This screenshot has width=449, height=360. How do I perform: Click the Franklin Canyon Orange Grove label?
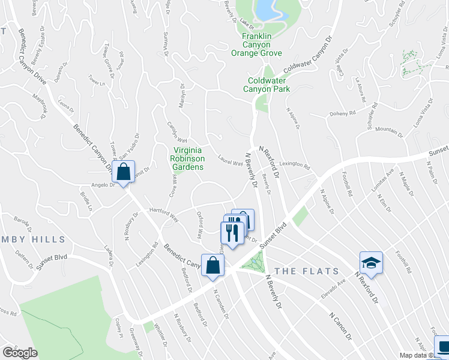257,44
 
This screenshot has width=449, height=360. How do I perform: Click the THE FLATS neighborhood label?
303,271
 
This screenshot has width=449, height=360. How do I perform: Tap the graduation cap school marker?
371,262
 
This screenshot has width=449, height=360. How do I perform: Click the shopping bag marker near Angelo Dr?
123,172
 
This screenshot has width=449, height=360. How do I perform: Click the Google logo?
20,353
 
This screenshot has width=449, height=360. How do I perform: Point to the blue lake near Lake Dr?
265,8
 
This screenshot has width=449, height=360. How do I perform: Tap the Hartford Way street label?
164,213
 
